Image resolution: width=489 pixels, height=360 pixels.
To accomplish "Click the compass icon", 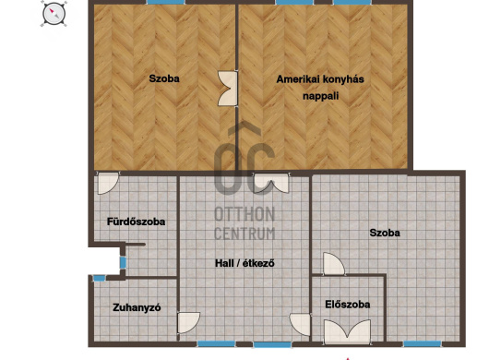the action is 54,14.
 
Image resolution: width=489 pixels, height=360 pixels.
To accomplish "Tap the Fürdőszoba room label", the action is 136,222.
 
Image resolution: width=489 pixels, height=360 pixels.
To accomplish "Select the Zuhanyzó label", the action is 137,307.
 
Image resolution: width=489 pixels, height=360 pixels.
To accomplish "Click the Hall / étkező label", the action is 244,263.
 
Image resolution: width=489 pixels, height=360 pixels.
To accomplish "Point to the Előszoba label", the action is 348,305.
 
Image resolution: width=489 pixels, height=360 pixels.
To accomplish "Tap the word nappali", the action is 320,96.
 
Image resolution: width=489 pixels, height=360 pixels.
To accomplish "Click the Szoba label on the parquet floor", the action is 164,78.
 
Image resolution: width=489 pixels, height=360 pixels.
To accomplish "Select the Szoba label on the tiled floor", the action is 385,233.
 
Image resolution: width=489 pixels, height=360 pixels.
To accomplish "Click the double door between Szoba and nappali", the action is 228,89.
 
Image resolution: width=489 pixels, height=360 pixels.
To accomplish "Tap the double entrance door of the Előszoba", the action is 348,332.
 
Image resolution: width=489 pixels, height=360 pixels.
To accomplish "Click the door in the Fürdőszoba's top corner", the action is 108,183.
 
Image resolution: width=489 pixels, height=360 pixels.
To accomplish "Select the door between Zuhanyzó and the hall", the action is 188,322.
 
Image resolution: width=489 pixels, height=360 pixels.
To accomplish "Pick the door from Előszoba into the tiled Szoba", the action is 334,264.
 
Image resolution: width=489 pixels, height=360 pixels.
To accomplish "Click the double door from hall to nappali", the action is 271,183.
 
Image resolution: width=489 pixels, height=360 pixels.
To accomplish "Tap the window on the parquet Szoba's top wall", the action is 166,2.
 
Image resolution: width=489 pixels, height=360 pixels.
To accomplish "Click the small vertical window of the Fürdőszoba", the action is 123,263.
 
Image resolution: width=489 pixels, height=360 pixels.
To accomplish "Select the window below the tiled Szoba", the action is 423,344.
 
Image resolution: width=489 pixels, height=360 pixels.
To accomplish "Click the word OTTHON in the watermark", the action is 244,214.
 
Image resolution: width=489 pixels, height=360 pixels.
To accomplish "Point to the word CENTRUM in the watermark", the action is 244,234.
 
